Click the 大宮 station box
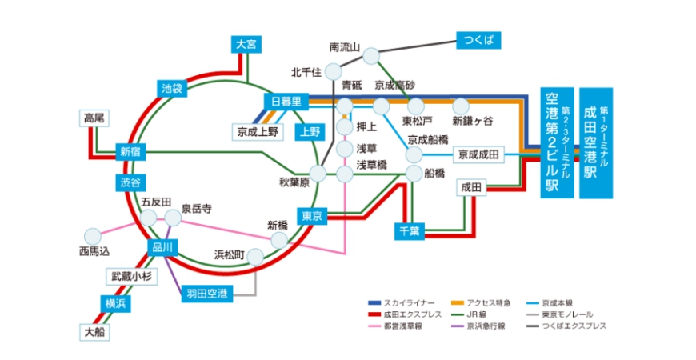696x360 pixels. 246,45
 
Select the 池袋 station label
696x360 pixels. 172,88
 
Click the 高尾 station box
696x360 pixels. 94,118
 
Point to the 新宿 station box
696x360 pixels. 130,152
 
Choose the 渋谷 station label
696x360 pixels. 130,182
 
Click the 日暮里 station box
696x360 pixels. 286,101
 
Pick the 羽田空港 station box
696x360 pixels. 206,293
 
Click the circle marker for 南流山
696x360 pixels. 371,55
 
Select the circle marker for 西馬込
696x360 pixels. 93,236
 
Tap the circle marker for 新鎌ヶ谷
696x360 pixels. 461,106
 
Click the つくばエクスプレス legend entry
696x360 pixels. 570,326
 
